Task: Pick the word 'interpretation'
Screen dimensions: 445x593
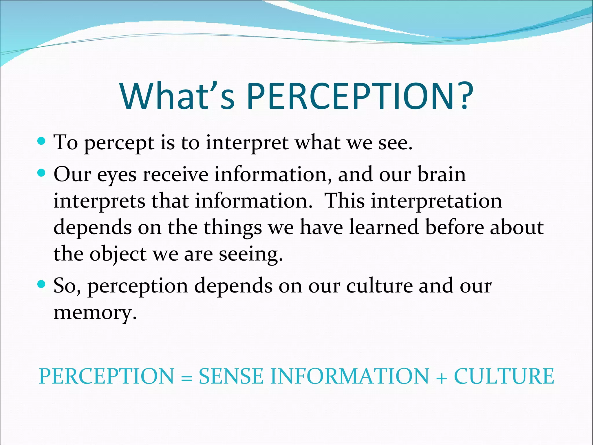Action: (436, 201)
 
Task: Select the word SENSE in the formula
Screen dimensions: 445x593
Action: (231, 376)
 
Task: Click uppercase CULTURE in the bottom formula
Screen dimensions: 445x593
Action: (504, 376)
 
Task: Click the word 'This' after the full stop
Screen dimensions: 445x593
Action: (344, 201)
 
